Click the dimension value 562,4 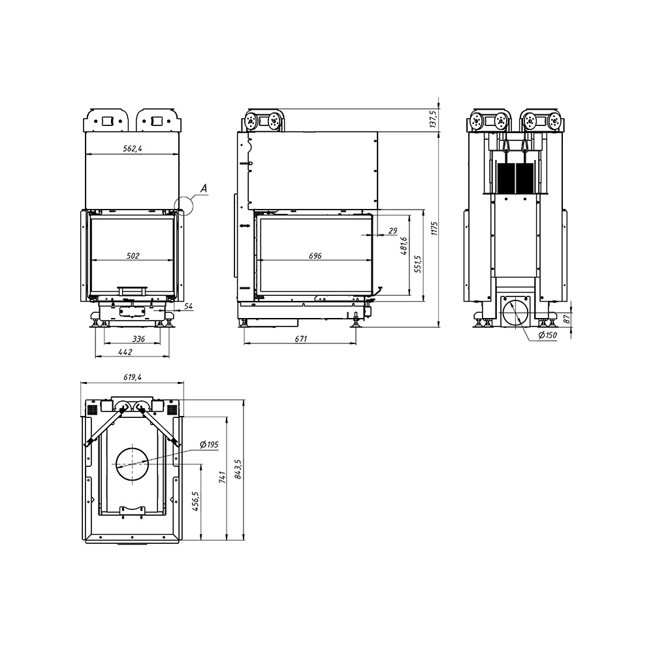133,148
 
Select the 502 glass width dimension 133,256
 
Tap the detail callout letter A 204,189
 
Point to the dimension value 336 138,339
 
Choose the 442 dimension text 125,352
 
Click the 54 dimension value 189,306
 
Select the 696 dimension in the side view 315,256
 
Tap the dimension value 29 392,231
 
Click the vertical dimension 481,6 404,246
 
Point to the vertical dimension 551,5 418,264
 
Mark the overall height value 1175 435,229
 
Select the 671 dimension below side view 300,339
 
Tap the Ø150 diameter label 547,335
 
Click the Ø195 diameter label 209,445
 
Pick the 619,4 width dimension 133,377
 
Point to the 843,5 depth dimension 238,470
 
